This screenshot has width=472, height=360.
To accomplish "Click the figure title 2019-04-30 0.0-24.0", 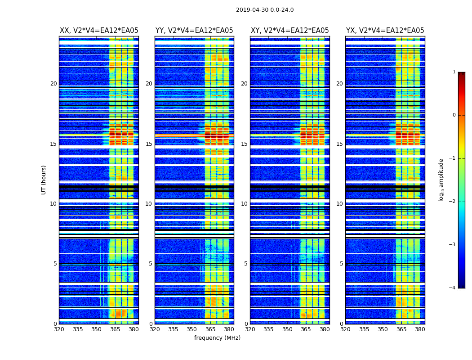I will (265, 10).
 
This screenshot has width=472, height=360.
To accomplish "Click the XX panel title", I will (99, 31).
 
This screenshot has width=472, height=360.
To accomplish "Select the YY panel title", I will (194, 31).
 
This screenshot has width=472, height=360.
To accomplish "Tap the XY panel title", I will (289, 31).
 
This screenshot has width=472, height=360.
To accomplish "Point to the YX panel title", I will (385, 31).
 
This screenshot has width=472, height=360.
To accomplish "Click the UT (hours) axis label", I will (44, 180).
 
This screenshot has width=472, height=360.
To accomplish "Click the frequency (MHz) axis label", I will (217, 338).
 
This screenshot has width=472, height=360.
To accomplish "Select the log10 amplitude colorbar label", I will (441, 180).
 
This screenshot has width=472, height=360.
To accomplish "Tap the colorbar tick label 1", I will (454, 72).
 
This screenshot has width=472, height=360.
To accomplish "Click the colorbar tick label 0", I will (454, 115).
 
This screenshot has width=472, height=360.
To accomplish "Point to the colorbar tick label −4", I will (453, 288).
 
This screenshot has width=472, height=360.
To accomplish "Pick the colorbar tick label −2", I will (453, 202).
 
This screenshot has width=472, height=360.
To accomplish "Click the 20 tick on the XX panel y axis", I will (53, 84).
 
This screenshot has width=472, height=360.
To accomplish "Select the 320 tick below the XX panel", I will (59, 329).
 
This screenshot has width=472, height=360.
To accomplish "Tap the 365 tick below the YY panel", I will (211, 329).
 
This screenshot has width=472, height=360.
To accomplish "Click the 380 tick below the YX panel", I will (420, 329).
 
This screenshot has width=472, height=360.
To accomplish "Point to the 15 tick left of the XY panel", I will (244, 144).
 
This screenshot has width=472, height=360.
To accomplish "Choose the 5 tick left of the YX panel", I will (341, 264).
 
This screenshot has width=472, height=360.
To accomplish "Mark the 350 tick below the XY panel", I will (287, 329).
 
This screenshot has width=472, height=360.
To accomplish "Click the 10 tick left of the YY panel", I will (149, 204).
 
